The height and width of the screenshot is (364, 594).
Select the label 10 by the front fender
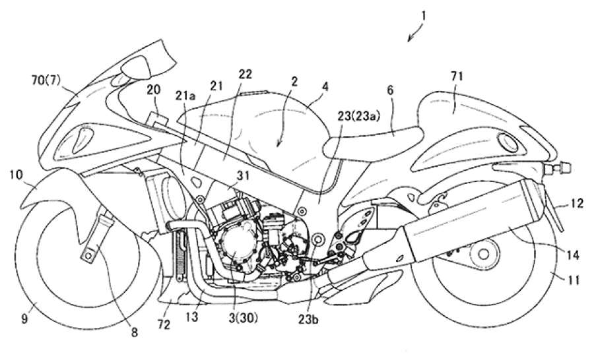pyautogui.click(x=15, y=174)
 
